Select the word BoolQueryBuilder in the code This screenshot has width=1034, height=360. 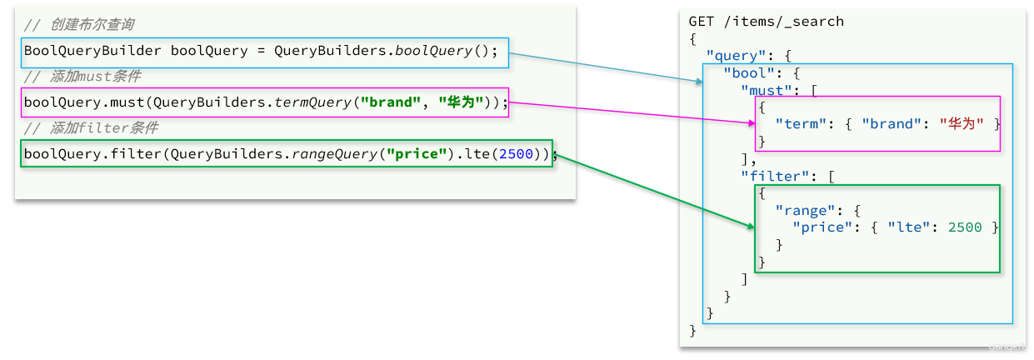[x=92, y=50]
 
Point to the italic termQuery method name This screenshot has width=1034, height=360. [x=313, y=102]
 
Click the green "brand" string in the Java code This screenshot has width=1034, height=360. [x=391, y=102]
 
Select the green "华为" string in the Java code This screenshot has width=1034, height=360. [x=461, y=102]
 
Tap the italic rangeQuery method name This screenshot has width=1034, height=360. [x=335, y=153]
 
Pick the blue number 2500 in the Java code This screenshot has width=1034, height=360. [x=516, y=153]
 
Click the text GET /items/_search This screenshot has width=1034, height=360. [x=766, y=22]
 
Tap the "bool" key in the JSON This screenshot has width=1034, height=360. [x=748, y=73]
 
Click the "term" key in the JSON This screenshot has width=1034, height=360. [x=800, y=123]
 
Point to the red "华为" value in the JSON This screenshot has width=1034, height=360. [x=962, y=123]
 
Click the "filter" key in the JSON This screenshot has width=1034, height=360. [x=775, y=176]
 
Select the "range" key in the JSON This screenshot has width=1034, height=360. [x=805, y=211]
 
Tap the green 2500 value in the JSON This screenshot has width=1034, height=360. [x=964, y=227]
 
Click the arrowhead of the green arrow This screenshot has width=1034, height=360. [x=751, y=226]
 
